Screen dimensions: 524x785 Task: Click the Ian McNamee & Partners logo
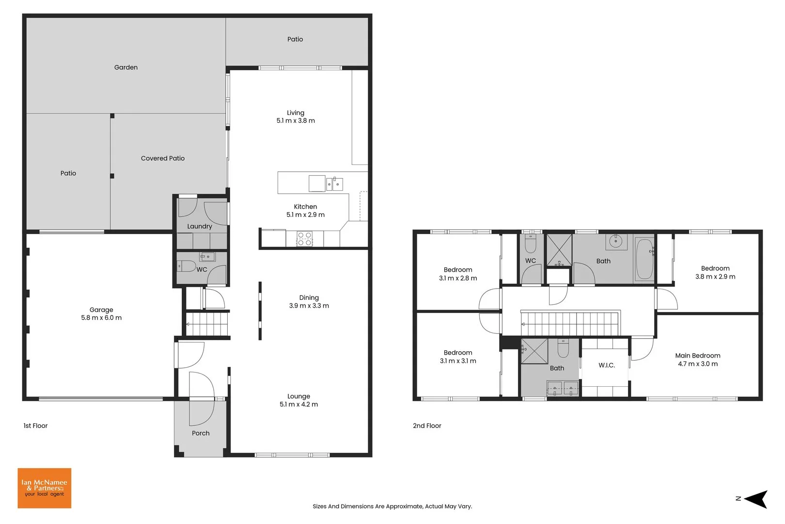tap(44, 488)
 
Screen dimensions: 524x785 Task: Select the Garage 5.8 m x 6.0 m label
tap(101, 314)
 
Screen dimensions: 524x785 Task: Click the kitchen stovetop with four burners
tap(304, 239)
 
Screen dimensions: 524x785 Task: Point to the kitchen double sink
tap(334, 184)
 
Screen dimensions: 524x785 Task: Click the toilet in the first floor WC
tap(186, 266)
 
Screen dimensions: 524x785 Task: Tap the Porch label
tap(201, 433)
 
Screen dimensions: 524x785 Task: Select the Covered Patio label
tap(163, 158)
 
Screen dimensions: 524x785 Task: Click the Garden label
tap(126, 67)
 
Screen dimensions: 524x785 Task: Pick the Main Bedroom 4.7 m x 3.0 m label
tap(698, 360)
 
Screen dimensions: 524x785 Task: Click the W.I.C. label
tap(606, 365)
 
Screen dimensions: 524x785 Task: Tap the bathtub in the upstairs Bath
tap(644, 259)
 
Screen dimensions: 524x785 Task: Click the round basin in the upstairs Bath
tap(616, 241)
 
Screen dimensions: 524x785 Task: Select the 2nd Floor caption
tap(427, 426)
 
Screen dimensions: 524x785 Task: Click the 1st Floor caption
tap(35, 426)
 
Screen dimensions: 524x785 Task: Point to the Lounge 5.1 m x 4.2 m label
tap(298, 400)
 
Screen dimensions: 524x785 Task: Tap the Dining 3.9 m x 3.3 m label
tap(309, 302)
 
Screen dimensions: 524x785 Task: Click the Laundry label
tap(200, 226)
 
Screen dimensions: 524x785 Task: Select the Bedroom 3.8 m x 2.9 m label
tap(715, 272)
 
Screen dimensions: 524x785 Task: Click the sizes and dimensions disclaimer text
tap(392, 506)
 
